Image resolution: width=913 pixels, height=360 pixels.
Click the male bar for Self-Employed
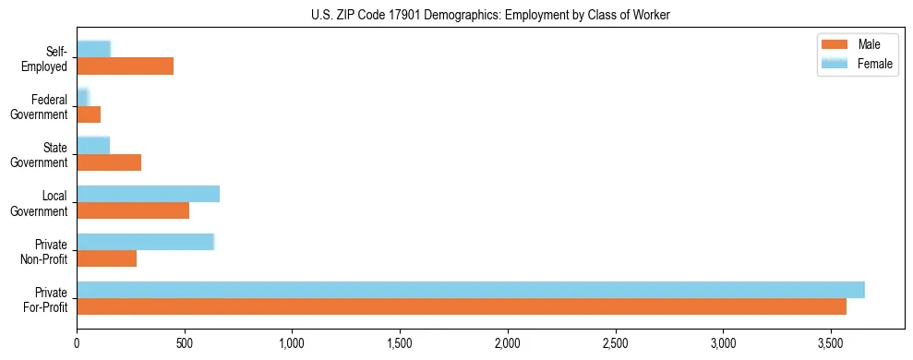pyautogui.click(x=125, y=66)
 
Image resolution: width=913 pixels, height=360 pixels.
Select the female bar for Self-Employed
pyautogui.click(x=93, y=49)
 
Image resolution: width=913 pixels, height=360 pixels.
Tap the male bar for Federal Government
pyautogui.click(x=89, y=114)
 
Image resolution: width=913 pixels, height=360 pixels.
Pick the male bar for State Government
pyautogui.click(x=109, y=162)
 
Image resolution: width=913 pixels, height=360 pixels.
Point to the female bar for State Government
pyautogui.click(x=93, y=145)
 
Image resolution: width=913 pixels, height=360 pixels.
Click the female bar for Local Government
pyautogui.click(x=148, y=193)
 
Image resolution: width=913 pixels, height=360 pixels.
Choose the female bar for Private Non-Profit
pyautogui.click(x=145, y=241)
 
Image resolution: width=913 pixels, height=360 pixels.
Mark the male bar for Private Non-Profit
pyautogui.click(x=106, y=258)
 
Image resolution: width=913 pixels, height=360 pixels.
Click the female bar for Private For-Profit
pyautogui.click(x=471, y=289)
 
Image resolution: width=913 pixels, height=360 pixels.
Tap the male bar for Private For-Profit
pyautogui.click(x=462, y=306)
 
